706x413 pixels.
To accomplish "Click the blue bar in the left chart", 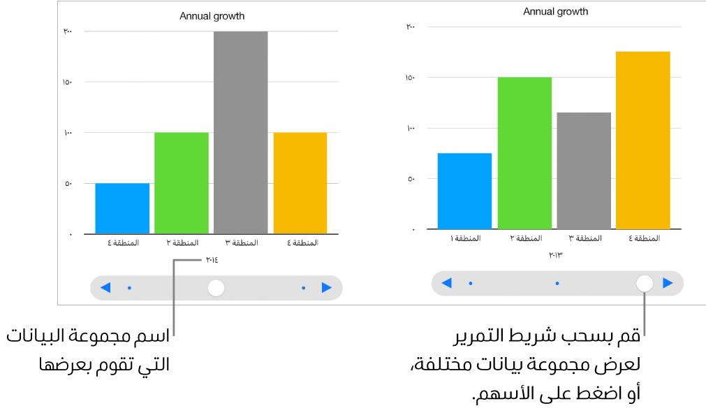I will tap(122, 208).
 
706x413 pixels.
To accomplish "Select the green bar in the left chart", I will tap(182, 183).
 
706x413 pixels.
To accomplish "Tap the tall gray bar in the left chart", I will tap(241, 133).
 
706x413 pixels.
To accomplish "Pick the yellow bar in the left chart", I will tap(300, 183).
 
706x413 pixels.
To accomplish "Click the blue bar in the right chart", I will tap(464, 191).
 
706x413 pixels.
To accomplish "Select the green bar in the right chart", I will tap(524, 153).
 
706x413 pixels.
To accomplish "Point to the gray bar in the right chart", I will tap(584, 171).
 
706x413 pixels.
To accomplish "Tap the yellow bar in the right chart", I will tap(643, 140).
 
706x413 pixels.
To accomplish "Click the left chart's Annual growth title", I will tap(212, 16).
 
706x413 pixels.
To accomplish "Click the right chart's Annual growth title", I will tap(556, 12).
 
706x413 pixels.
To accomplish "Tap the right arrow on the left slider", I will tap(326, 287).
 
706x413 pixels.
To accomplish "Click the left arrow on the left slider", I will tap(105, 287).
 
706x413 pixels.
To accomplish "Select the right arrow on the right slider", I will tap(668, 283).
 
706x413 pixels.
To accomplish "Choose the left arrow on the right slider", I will tap(447, 283).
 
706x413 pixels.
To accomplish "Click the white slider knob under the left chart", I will tap(216, 287).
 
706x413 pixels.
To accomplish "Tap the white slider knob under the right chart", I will tap(645, 283).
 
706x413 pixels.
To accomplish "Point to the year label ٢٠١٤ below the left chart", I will tap(211, 261).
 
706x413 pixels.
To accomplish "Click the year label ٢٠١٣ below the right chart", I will tap(556, 256).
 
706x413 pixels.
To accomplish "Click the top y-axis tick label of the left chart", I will tap(68, 31).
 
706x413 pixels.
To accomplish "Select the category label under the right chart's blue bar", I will tap(465, 239).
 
